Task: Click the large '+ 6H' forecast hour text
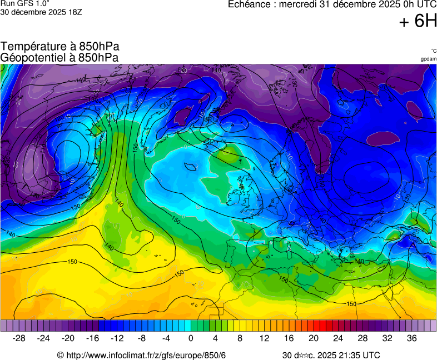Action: pos(418,21)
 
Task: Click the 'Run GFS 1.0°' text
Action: pos(26,4)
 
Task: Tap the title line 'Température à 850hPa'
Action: pos(60,47)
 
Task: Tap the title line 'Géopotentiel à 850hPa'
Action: pos(59,57)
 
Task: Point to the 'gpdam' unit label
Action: pos(428,59)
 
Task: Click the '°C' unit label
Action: pos(433,51)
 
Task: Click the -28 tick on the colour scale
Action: pos(19,338)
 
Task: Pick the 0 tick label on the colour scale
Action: pos(191,338)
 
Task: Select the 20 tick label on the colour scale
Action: pos(313,338)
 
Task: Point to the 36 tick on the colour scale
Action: pos(411,338)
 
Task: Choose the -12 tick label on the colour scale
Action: pos(117,338)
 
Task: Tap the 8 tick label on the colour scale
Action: pos(240,338)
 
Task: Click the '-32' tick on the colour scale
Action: pos(4,326)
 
